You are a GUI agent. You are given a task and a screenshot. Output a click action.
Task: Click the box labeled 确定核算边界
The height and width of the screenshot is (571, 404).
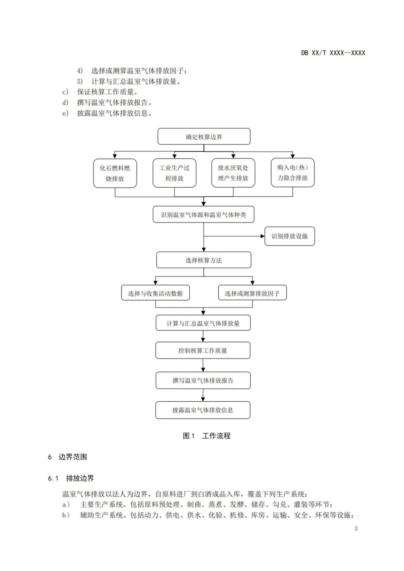pyautogui.click(x=204, y=136)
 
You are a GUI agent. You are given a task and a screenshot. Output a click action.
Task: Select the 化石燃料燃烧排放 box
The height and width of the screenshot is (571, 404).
pyautogui.click(x=115, y=173)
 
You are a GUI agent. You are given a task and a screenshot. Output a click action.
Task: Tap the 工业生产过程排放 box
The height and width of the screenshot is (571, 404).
pyautogui.click(x=174, y=173)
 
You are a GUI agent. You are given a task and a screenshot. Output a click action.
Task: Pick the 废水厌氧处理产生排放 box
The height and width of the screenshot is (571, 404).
pyautogui.click(x=233, y=173)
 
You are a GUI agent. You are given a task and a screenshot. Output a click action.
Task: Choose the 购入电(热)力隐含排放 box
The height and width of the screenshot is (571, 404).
pyautogui.click(x=293, y=172)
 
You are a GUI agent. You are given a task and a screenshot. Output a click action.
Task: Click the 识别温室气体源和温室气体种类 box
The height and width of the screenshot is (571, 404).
pyautogui.click(x=203, y=215)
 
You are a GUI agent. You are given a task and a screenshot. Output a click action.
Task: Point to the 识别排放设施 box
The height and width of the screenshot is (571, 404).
pyautogui.click(x=290, y=236)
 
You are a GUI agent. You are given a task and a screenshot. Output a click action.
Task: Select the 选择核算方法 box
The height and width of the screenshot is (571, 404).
pyautogui.click(x=203, y=260)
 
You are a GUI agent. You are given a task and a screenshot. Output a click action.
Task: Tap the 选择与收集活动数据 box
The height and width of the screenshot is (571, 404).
pyautogui.click(x=155, y=293)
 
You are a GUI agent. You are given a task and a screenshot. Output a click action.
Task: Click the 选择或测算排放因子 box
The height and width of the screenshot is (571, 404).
pyautogui.click(x=252, y=293)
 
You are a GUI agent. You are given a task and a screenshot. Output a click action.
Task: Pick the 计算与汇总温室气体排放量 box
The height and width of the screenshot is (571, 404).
pyautogui.click(x=203, y=323)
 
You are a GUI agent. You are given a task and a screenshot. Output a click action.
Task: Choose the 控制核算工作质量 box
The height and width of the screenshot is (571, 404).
pyautogui.click(x=203, y=350)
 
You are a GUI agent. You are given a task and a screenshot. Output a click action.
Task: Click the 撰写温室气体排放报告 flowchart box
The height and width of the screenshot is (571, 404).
pyautogui.click(x=203, y=380)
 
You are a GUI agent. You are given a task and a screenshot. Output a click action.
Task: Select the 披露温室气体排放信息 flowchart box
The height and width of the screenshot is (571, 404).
pyautogui.click(x=203, y=410)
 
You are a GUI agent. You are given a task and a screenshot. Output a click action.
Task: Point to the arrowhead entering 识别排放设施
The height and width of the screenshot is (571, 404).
pyautogui.click(x=262, y=236)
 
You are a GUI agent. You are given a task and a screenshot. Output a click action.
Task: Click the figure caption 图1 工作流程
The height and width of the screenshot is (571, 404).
pyautogui.click(x=206, y=436)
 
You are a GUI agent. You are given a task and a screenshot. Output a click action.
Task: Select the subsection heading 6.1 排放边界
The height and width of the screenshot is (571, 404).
pyautogui.click(x=71, y=478)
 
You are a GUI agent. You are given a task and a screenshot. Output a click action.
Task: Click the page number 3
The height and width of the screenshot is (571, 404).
pyautogui.click(x=356, y=528)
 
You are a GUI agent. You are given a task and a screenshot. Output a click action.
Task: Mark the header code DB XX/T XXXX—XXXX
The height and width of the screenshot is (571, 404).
pyautogui.click(x=333, y=53)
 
